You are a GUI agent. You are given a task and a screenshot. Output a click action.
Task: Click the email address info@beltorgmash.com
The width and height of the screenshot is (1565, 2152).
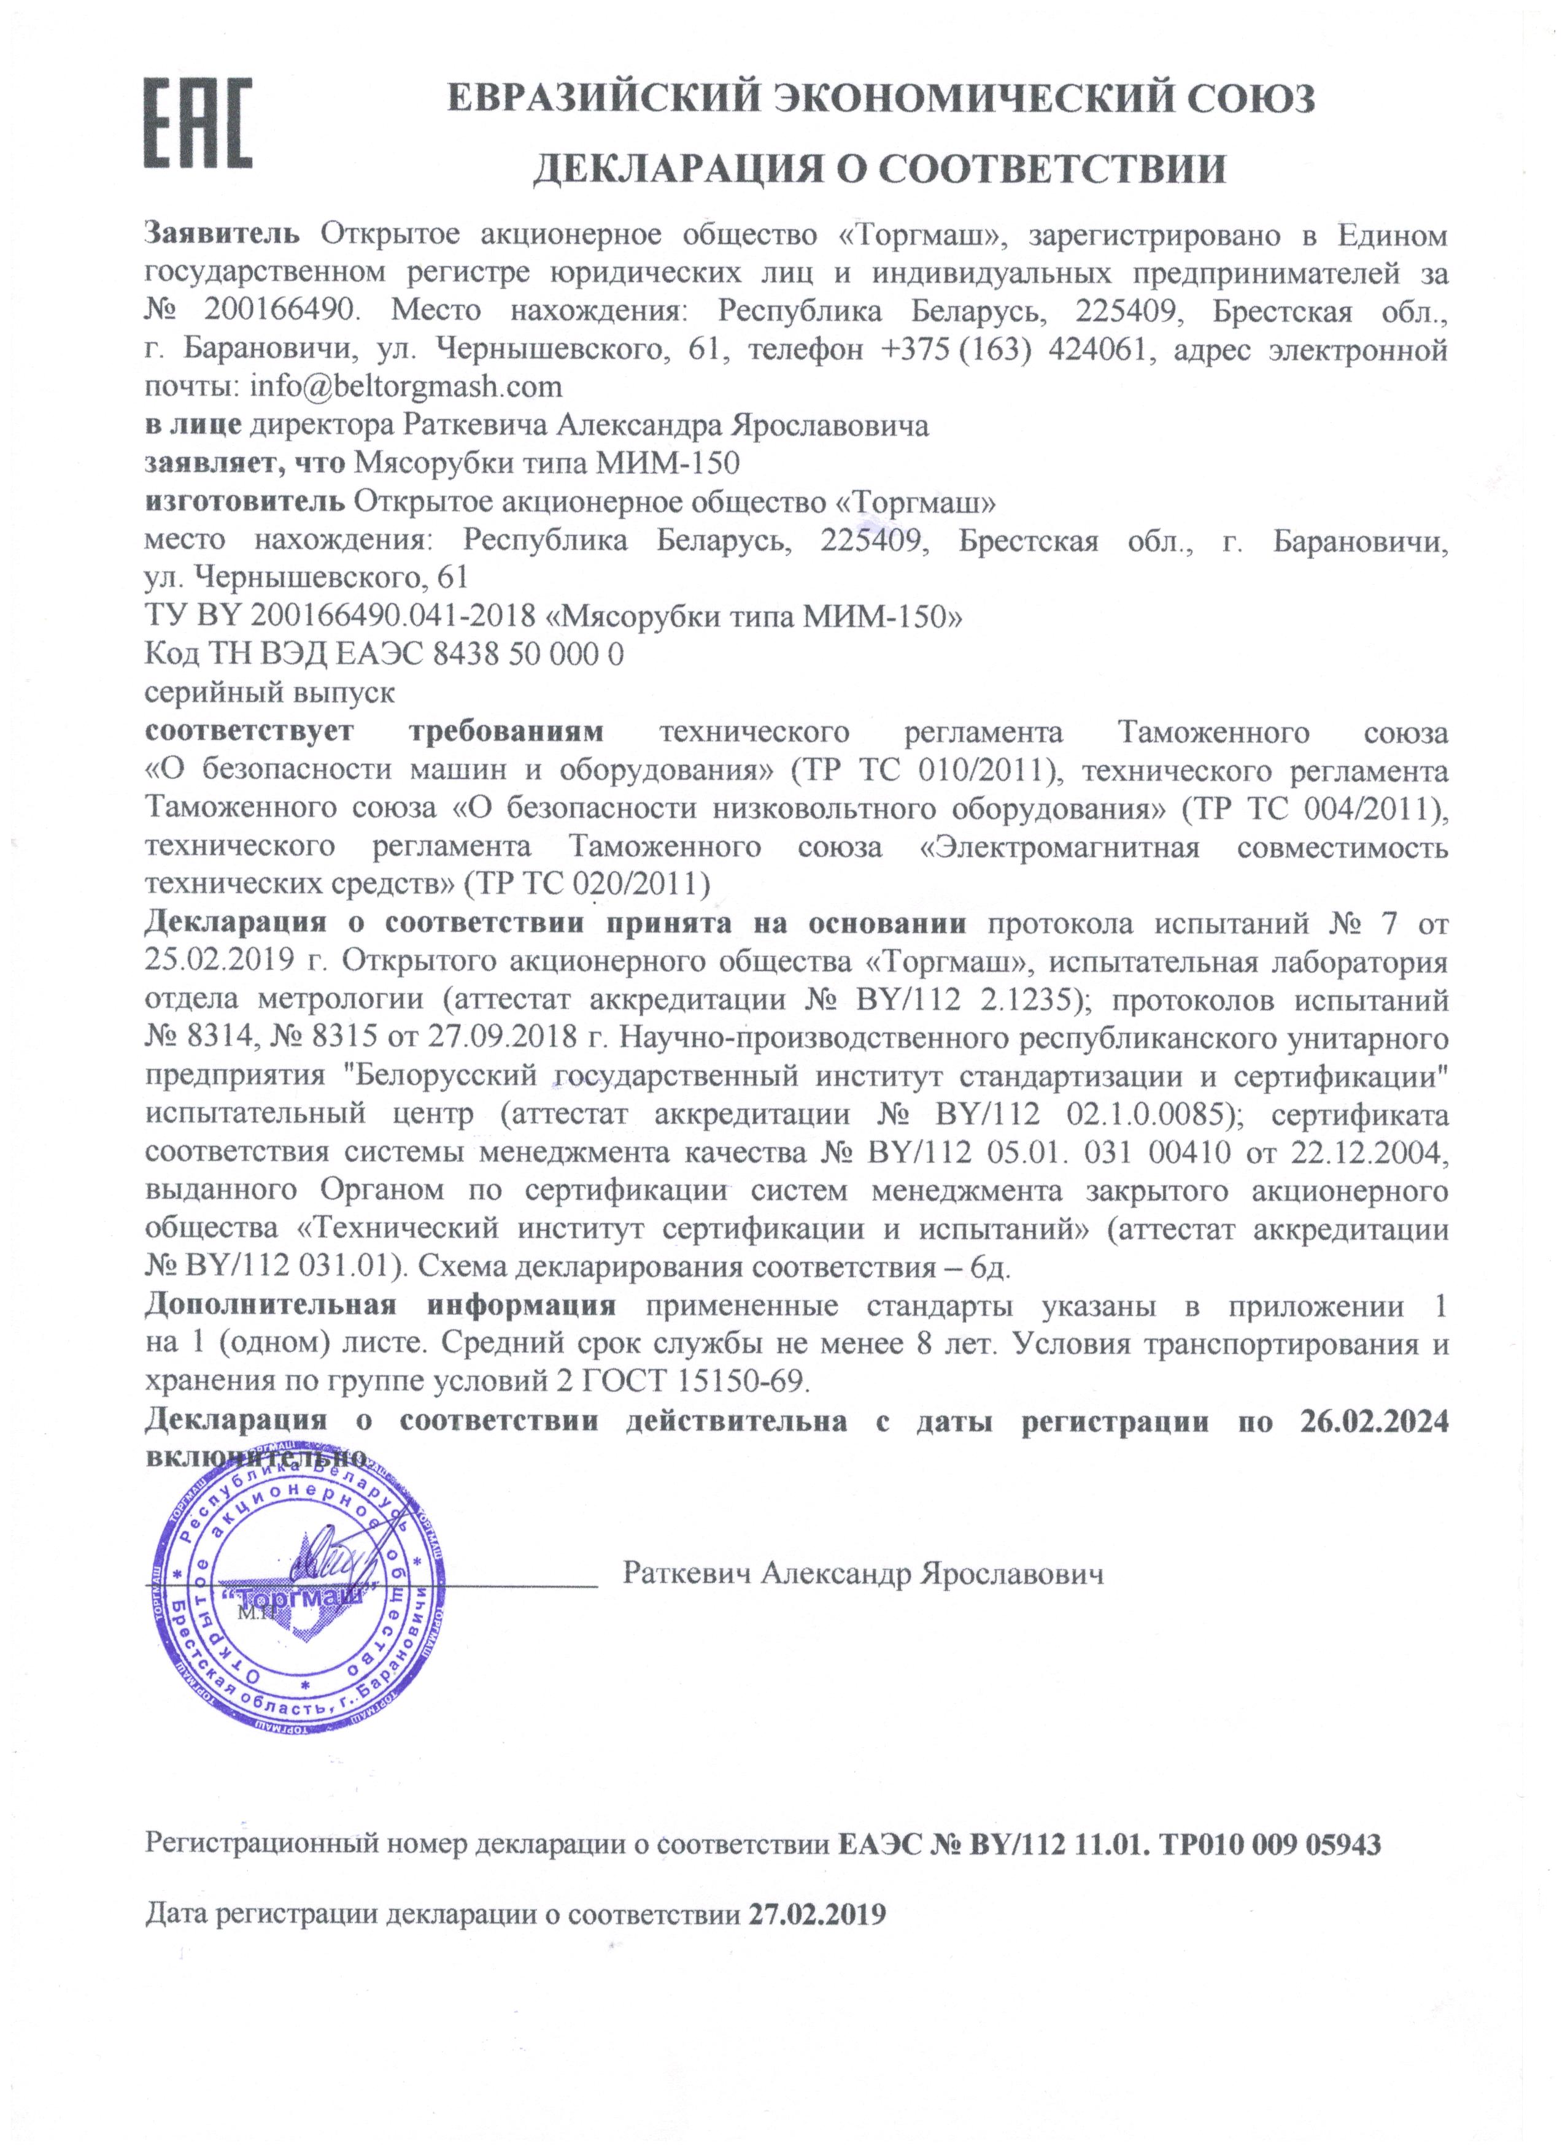click(406, 387)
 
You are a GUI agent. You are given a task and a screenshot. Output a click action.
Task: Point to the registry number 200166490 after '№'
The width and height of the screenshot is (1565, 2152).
click(282, 311)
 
